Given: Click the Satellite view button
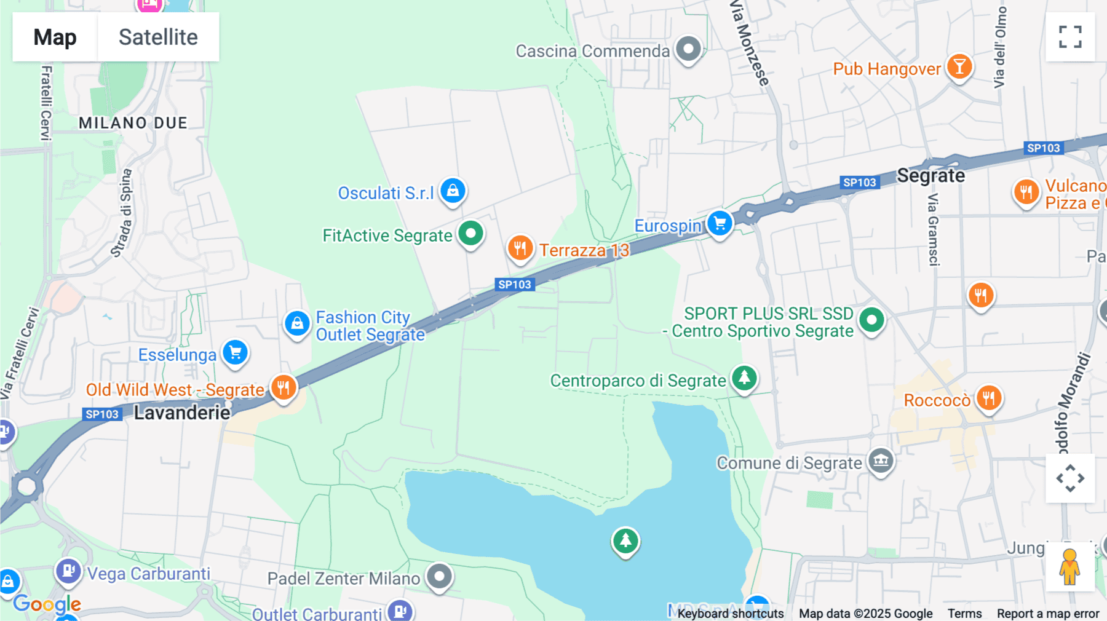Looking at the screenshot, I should coord(158,37).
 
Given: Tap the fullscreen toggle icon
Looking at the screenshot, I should coord(1070,37).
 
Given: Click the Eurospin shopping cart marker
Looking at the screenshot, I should coord(719,223).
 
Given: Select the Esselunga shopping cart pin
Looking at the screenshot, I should coord(235,353).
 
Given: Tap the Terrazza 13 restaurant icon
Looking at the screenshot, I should coord(520,248).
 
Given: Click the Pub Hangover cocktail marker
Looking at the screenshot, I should coord(959,66).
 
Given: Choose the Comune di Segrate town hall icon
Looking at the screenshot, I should coord(881,461).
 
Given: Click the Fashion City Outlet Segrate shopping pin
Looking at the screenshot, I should coord(297,323).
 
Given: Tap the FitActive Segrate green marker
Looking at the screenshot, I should coord(471,234).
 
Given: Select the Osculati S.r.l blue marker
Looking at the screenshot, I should coord(453,191).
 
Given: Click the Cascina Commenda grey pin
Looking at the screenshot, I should coord(688,49).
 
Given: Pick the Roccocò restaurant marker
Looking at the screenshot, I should coord(988,398).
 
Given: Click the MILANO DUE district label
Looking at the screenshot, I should coord(133,123).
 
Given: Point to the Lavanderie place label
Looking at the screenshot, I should coord(182,413).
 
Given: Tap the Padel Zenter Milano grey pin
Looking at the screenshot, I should coord(439,577).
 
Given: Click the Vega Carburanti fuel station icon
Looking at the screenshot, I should coord(68,571).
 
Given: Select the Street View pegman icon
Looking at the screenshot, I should coord(1069,566).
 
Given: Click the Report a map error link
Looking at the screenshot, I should coord(1048,614).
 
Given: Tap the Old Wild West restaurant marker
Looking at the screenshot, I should coord(284,388).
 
